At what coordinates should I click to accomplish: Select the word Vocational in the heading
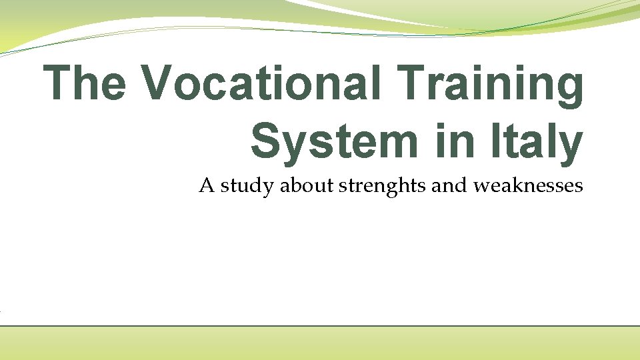[260, 83]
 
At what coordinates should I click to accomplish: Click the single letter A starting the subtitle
[206, 185]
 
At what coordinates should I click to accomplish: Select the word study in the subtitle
[247, 187]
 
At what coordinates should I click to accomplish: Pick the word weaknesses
[528, 185]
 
